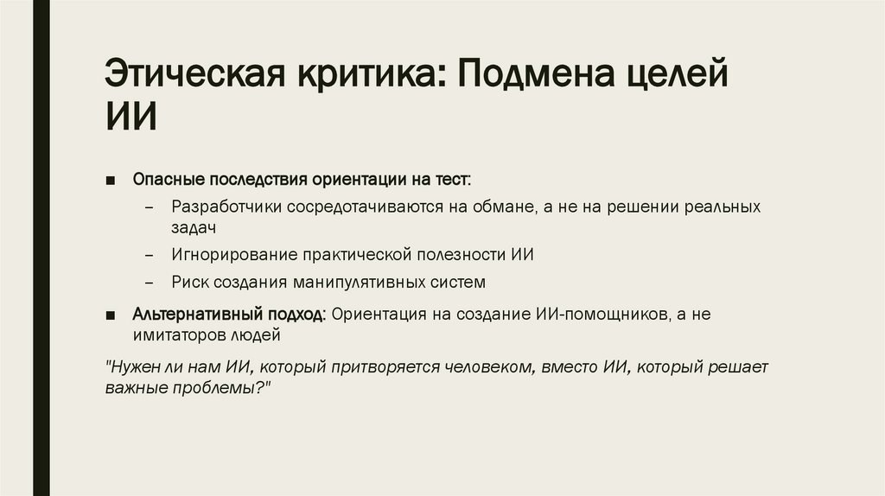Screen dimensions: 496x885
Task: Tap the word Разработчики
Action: [226, 208]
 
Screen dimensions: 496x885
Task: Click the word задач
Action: [193, 228]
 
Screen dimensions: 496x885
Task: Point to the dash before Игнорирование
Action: [151, 256]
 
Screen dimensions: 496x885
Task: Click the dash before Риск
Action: [151, 283]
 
